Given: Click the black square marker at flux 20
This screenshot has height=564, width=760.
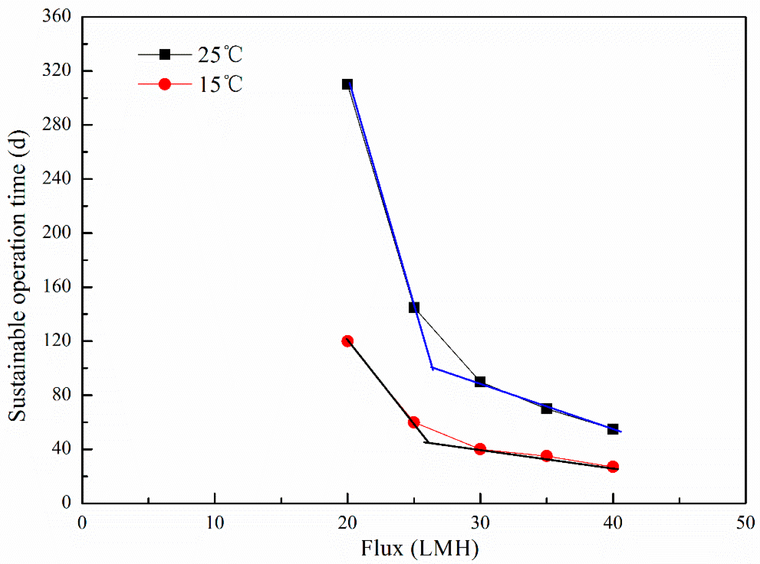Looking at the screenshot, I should (x=347, y=84).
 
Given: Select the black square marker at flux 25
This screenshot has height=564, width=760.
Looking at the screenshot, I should (x=414, y=307).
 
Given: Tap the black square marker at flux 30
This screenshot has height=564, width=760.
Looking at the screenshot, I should (x=480, y=382).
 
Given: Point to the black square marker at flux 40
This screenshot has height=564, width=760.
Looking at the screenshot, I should (x=613, y=429).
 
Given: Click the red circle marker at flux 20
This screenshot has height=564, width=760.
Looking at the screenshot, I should (x=347, y=341).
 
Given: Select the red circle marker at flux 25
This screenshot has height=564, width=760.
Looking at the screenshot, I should (x=414, y=422).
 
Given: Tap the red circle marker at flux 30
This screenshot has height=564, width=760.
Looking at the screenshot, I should (x=480, y=449).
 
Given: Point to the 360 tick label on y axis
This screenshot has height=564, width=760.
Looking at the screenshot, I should (x=57, y=16).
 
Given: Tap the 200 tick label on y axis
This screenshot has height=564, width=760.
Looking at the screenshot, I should (x=57, y=233).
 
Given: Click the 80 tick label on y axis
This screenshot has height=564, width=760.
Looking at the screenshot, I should (x=62, y=395).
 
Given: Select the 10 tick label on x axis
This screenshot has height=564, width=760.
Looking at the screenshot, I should (x=215, y=523).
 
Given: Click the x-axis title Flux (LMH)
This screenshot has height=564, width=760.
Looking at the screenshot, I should (x=419, y=549).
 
